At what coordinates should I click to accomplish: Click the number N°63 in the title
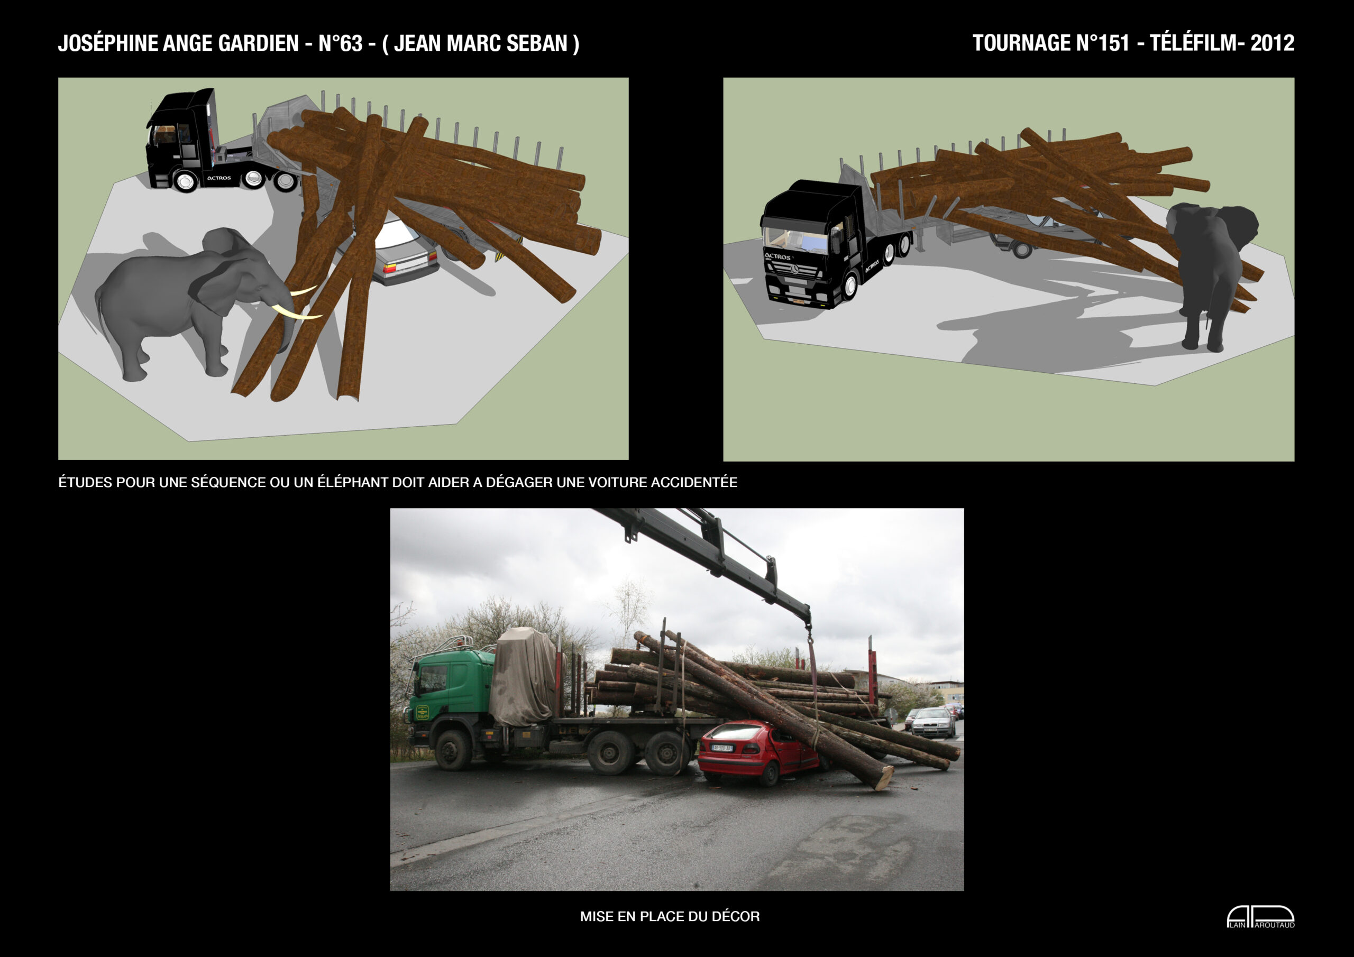pyautogui.click(x=340, y=43)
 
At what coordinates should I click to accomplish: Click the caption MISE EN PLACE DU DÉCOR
pyautogui.click(x=670, y=916)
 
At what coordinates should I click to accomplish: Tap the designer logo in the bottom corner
pyautogui.click(x=1261, y=917)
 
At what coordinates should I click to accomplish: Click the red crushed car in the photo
pyautogui.click(x=758, y=752)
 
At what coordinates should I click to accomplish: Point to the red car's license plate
pyautogui.click(x=722, y=748)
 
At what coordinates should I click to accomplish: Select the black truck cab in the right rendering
pyautogui.click(x=817, y=245)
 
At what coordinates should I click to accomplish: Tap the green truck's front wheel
pyautogui.click(x=453, y=750)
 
